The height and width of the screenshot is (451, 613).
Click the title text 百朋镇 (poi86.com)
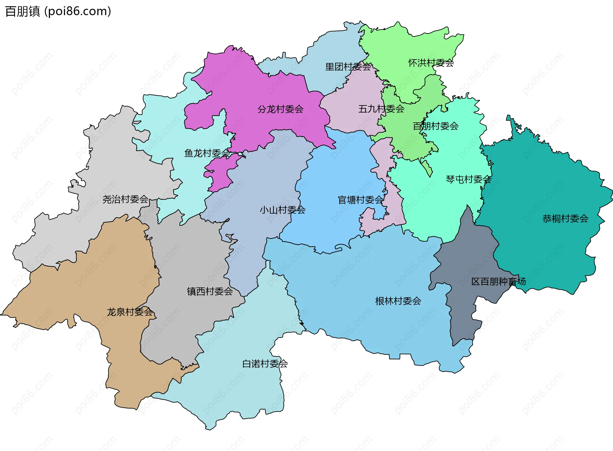coord(58,12)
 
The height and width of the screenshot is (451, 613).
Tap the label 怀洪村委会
coord(431,63)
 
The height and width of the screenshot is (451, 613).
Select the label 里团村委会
coord(348,67)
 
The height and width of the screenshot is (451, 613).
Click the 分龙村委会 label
coord(280,109)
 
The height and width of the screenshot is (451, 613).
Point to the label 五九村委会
coord(381,109)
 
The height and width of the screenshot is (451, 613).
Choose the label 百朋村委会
coord(435,126)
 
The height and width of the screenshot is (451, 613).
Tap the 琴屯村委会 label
coord(468,180)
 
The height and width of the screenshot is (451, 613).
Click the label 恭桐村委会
coord(565,219)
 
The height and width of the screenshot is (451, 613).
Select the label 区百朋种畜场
coord(498,282)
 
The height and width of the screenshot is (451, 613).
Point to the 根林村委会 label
coord(398,301)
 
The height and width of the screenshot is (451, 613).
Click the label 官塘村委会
coord(361,200)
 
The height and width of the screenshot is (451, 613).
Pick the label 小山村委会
coord(283,210)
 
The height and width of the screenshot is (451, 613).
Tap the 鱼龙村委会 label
coord(207,153)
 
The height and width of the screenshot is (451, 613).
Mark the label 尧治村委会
coord(125,199)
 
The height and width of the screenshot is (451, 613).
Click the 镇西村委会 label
coord(210,292)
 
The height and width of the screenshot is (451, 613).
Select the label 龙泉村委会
coord(130,312)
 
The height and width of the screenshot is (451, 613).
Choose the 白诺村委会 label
coord(265,364)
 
